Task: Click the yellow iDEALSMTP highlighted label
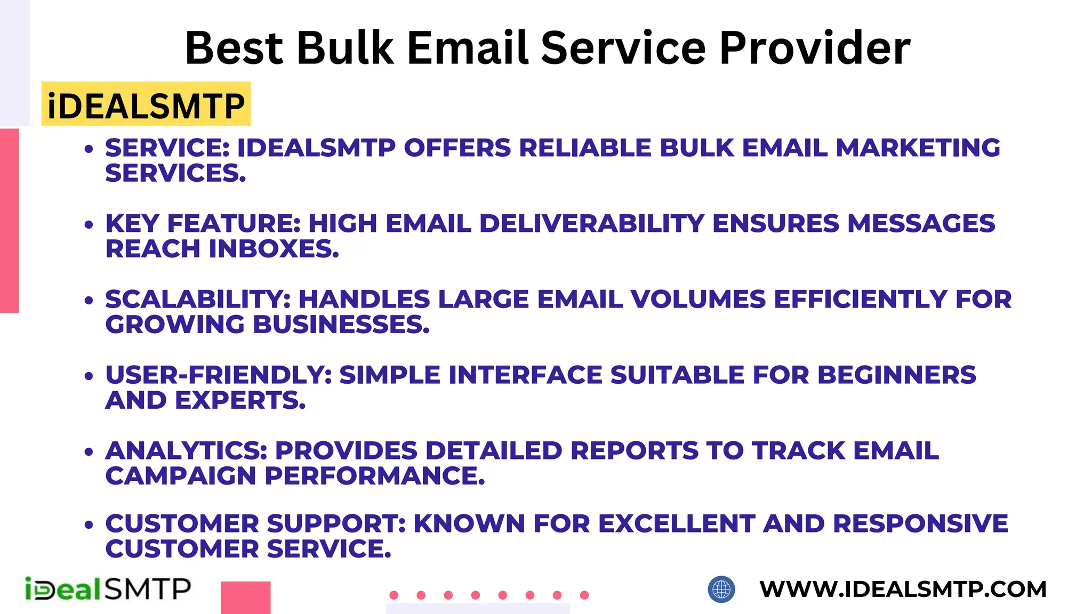[x=146, y=105]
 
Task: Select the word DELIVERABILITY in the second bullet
[x=592, y=223]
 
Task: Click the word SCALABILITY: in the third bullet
[x=198, y=299]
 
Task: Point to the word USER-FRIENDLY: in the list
[x=219, y=375]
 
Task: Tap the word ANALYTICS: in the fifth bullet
[x=186, y=450]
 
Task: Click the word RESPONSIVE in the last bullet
[x=920, y=523]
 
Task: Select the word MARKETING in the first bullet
[x=918, y=148]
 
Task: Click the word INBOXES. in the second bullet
[x=274, y=249]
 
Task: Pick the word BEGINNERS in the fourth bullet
[x=896, y=375]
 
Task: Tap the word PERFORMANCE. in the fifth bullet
[x=375, y=476]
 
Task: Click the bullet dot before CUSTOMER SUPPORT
[x=89, y=525]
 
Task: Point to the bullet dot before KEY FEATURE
[x=89, y=225]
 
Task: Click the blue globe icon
[x=721, y=589]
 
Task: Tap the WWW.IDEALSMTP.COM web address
[x=903, y=589]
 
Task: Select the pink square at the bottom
[x=245, y=597]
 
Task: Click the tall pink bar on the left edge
[x=9, y=220]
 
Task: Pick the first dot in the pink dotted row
[x=394, y=595]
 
